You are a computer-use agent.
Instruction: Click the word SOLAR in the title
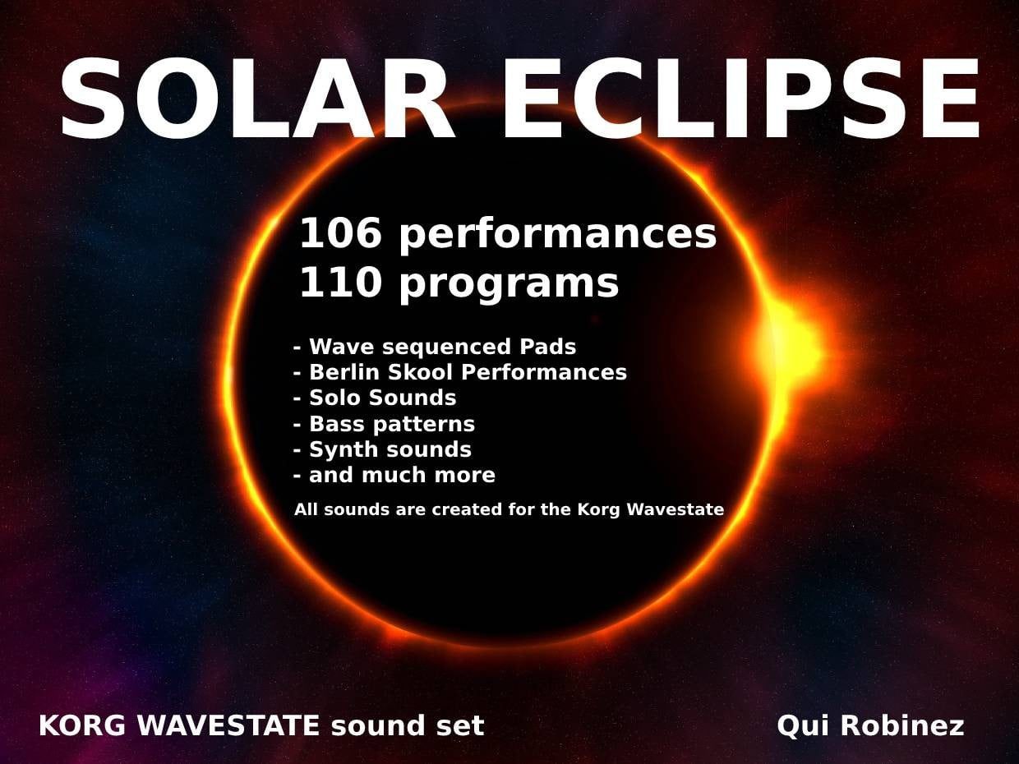[257, 99]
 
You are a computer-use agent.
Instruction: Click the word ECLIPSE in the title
[742, 99]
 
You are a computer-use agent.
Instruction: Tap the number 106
[340, 233]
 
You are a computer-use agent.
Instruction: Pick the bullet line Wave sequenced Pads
[435, 347]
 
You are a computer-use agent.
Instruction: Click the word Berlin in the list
[344, 372]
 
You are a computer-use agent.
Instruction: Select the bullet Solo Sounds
[375, 398]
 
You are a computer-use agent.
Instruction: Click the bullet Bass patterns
[385, 425]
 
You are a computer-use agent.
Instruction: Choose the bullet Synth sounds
[382, 450]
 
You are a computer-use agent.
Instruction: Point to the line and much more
[394, 475]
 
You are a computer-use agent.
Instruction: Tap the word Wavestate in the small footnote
[675, 509]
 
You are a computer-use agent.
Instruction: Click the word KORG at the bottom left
[82, 725]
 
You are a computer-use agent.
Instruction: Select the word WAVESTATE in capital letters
[228, 725]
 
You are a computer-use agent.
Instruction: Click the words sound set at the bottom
[408, 725]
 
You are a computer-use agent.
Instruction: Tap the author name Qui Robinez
[870, 726]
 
